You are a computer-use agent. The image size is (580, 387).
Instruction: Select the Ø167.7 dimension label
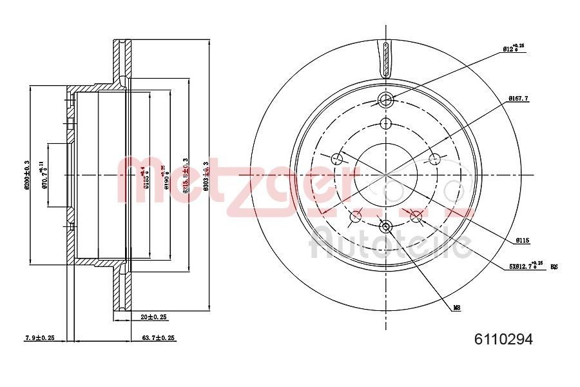tap(519, 98)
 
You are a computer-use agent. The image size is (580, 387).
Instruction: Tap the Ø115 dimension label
tap(522, 241)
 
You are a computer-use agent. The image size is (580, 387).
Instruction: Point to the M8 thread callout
tap(456, 308)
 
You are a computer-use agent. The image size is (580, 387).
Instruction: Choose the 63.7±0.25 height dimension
tap(158, 338)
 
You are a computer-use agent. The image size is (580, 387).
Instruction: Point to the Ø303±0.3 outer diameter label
tap(206, 174)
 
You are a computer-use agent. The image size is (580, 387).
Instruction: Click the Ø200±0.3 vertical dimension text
tap(27, 174)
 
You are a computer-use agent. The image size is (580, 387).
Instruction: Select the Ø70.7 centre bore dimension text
tap(44, 175)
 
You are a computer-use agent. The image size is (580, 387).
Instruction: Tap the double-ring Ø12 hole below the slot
tap(385, 100)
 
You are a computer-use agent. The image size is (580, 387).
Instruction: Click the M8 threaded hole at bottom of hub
tap(386, 226)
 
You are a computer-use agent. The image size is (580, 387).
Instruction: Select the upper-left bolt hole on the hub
tap(337, 159)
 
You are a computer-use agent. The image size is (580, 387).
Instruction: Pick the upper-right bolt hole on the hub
tap(434, 159)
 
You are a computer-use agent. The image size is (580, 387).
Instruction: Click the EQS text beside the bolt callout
tap(554, 265)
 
